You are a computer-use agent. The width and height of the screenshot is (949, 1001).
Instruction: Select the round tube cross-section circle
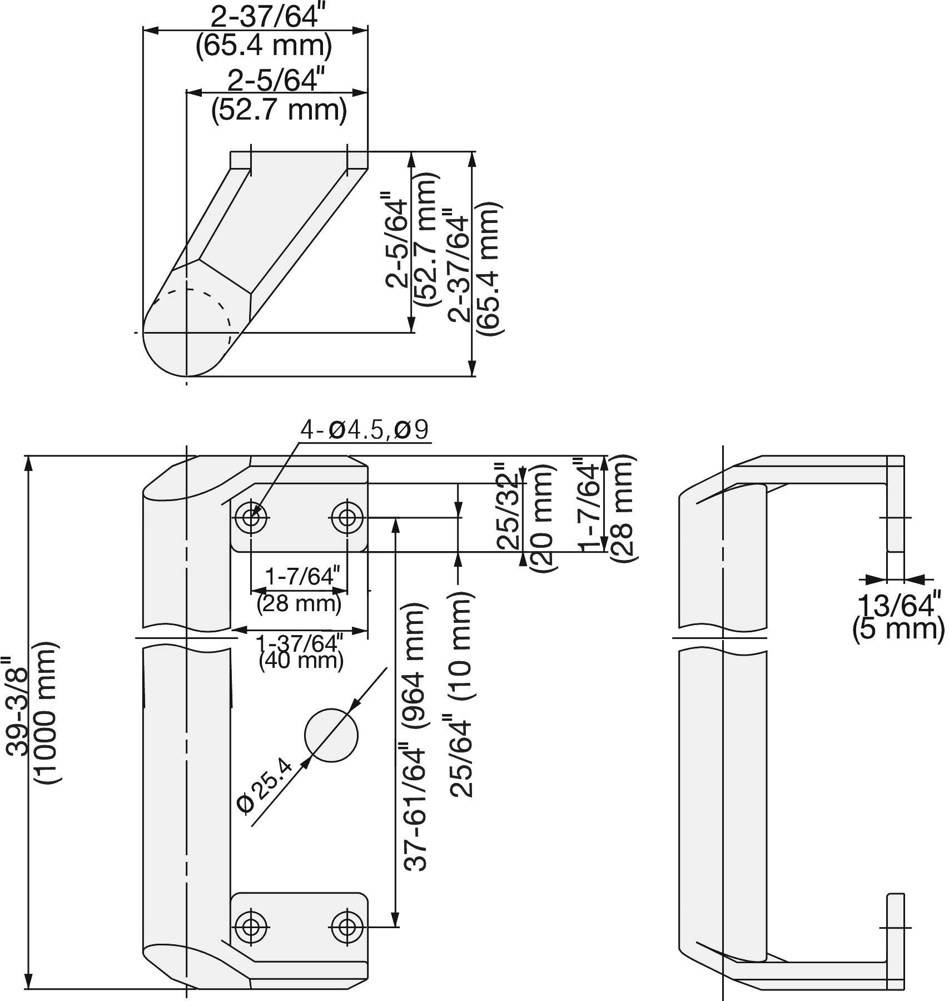(x=331, y=735)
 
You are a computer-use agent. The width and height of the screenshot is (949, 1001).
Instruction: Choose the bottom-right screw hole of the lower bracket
(x=347, y=927)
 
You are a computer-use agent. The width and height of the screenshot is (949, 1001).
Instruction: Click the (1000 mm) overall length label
(x=47, y=713)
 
